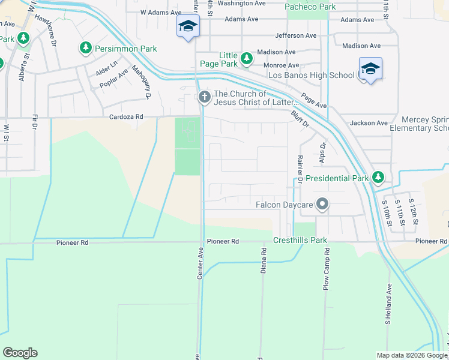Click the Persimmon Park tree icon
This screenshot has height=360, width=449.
point(86,47)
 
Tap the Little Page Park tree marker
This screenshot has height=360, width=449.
point(246,58)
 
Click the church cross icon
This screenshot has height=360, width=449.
point(204,96)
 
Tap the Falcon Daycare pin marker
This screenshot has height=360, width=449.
point(322,204)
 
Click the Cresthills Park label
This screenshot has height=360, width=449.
point(300,240)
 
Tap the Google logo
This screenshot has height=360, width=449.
point(20,353)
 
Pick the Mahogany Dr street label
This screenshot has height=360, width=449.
point(140,82)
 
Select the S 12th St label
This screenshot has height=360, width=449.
point(412,212)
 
